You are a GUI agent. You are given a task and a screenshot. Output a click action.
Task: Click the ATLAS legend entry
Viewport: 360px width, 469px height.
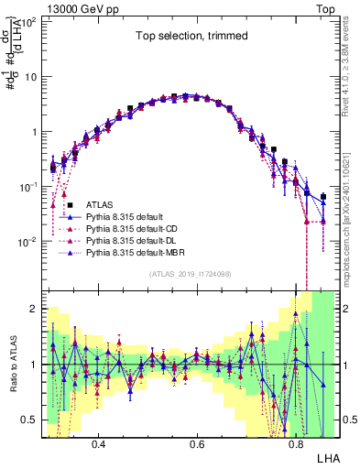(100, 204)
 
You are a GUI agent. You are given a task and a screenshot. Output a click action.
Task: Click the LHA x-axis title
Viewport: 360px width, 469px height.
(327, 456)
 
